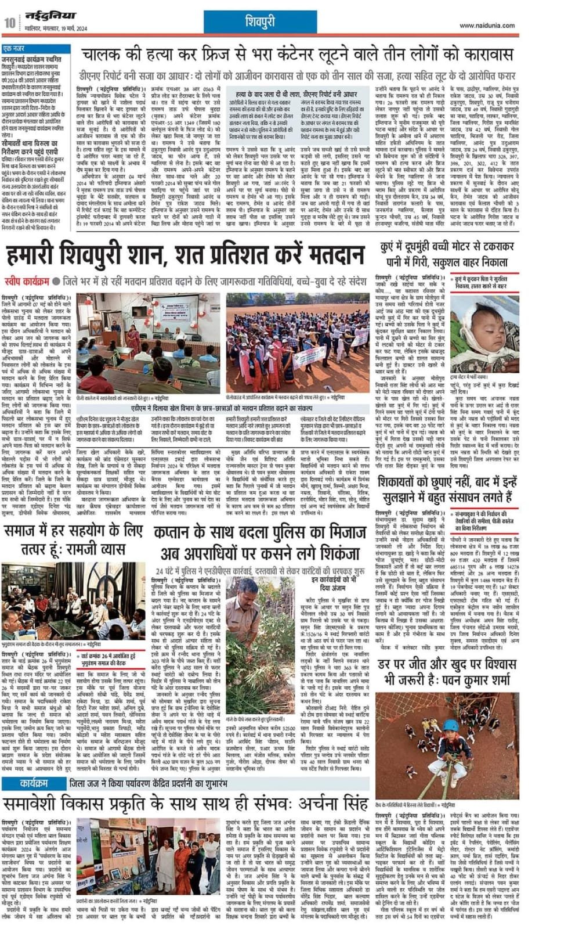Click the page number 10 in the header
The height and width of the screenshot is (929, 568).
10,23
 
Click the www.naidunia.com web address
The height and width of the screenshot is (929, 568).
487,26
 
